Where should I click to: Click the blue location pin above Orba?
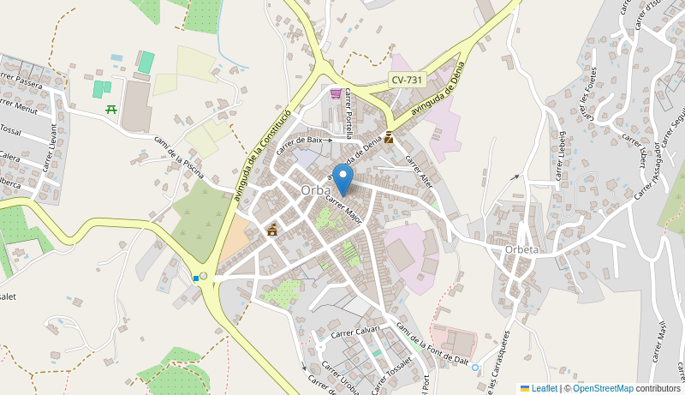click(x=342, y=178)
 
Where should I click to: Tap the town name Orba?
click(x=316, y=190)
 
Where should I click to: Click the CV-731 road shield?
click(x=407, y=80)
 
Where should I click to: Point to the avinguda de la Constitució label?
click(x=262, y=156)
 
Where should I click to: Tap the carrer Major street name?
click(x=343, y=208)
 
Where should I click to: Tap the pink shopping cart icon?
click(x=336, y=93)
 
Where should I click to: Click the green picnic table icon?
click(x=110, y=109)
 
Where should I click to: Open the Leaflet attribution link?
click(x=544, y=388)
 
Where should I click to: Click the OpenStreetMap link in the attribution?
click(x=603, y=388)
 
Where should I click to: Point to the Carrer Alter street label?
click(x=419, y=170)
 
